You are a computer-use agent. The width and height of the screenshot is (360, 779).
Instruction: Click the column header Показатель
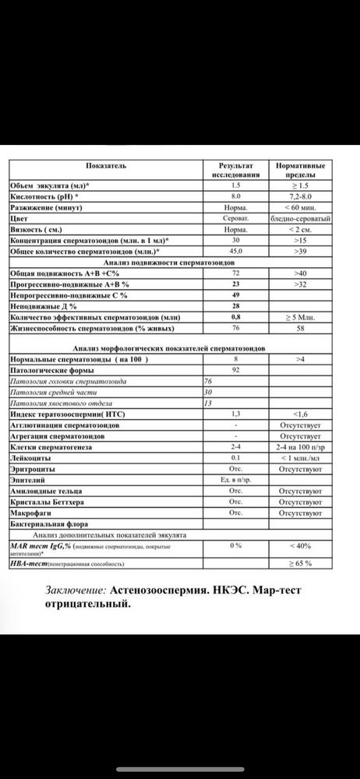103,166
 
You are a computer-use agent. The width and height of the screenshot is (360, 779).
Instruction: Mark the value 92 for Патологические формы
235,370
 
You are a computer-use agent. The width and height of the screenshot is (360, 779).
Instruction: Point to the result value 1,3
235,413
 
